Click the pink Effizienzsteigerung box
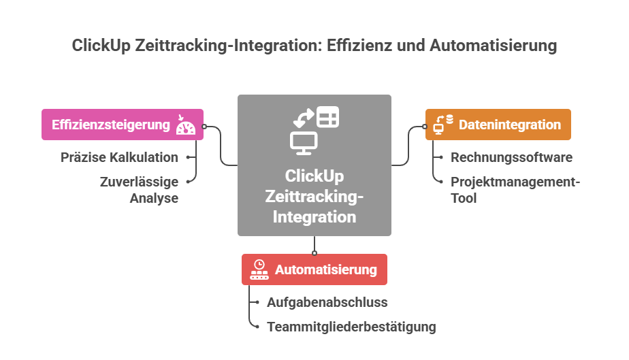(122, 125)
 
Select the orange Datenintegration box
(498, 125)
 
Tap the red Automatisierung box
(314, 269)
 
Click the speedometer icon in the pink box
(185, 125)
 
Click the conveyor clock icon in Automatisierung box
(259, 269)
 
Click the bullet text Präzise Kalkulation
(119, 157)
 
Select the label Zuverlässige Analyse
(139, 190)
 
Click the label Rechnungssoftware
(511, 157)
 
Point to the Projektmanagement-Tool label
(515, 190)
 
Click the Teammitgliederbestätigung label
(351, 327)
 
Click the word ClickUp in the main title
(102, 46)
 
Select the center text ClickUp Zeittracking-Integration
(314, 197)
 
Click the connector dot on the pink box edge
(204, 126)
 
